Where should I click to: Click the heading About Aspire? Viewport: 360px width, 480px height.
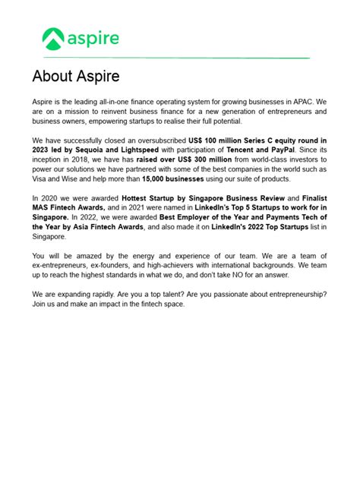tap(76, 77)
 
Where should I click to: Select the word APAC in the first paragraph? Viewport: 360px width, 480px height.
tap(301, 101)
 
